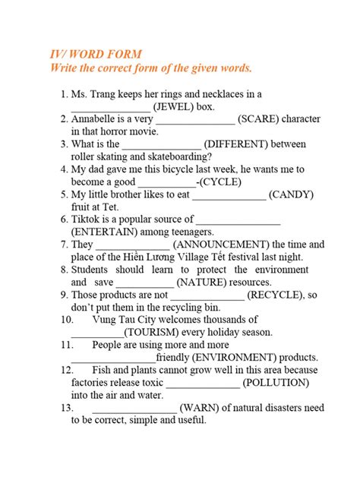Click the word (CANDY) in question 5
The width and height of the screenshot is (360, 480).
tap(291, 194)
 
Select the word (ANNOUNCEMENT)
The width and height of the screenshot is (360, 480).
tap(221, 245)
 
